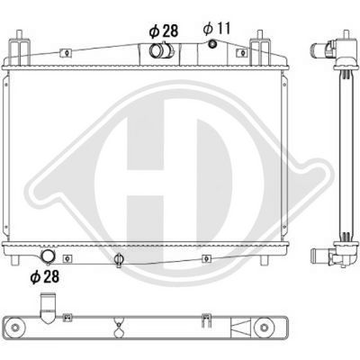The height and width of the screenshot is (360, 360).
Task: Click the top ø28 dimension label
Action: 162,31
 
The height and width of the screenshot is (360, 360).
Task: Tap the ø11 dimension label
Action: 217,29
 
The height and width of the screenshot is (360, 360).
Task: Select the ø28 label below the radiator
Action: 43,275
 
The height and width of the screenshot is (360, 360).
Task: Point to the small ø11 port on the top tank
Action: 212,47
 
